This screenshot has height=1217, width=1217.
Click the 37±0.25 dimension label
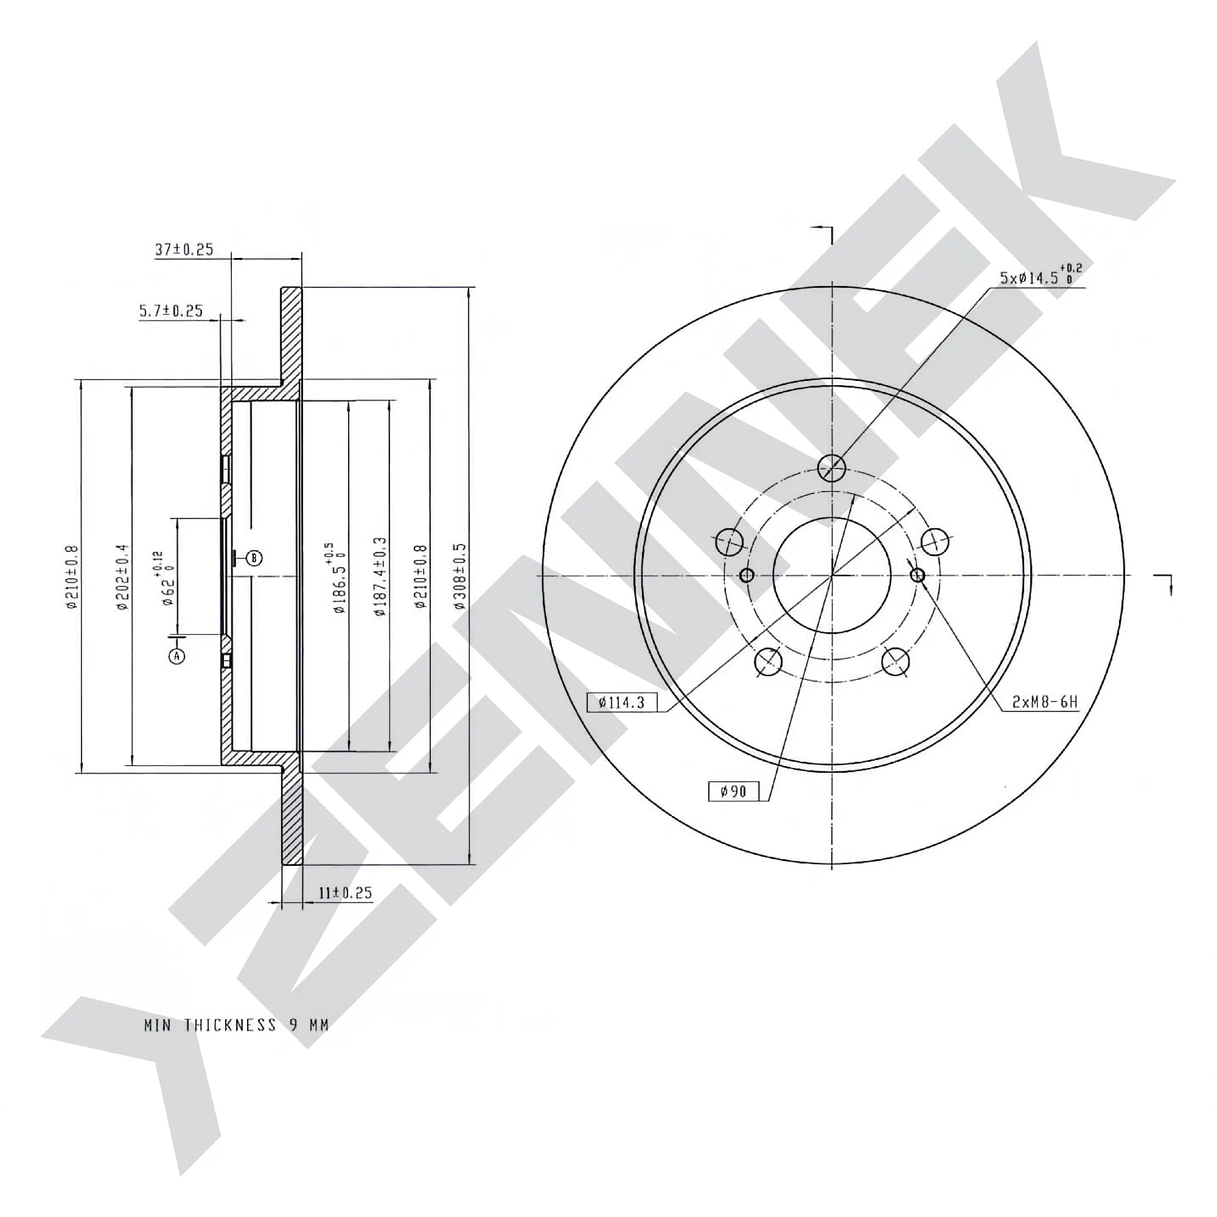pos(184,249)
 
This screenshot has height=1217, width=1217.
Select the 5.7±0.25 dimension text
pos(172,310)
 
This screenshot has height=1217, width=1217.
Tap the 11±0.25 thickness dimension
pos(345,893)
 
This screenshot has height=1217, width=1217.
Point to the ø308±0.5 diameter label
pos(460,576)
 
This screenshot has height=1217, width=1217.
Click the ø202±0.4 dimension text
pos(122,577)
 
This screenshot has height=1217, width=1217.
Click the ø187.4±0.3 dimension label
pos(380,576)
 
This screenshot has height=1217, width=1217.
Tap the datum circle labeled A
pos(177,657)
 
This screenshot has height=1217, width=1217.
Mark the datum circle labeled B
pos(254,557)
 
